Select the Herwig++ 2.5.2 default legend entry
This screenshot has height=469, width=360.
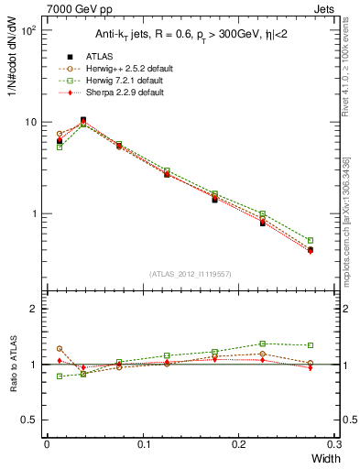(123, 69)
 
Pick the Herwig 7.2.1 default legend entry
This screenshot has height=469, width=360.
(121, 81)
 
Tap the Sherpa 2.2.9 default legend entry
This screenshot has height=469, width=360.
(121, 93)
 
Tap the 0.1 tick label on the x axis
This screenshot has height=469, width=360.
(143, 444)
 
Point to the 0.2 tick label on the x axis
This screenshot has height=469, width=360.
(239, 444)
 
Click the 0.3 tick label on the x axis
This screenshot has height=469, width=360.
(334, 444)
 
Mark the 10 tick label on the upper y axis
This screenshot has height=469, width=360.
(30, 123)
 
